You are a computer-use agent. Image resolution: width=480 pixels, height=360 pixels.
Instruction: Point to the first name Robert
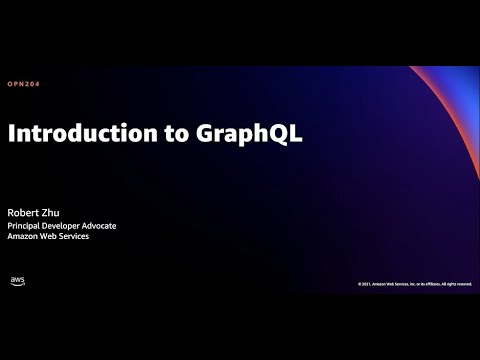[26, 211]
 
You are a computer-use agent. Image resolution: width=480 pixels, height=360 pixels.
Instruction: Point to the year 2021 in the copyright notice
[367, 284]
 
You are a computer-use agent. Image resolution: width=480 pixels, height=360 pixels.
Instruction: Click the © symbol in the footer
[360, 284]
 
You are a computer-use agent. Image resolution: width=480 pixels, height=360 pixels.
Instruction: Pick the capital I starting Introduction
[12, 135]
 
